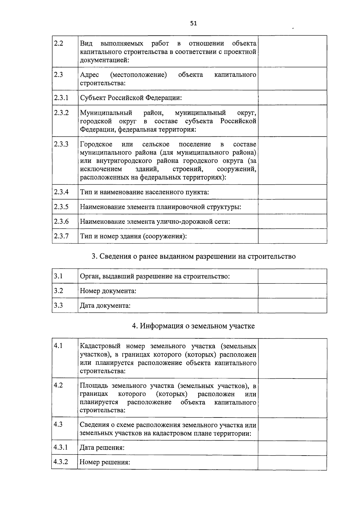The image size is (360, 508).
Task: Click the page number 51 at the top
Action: click(193, 23)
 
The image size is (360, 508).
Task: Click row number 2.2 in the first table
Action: click(58, 43)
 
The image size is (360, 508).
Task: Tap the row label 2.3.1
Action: click(61, 98)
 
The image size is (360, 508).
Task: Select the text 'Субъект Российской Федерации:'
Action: click(131, 98)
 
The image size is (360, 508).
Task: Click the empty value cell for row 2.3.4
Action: click(292, 192)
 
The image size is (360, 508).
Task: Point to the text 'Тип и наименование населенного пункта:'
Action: click(144, 192)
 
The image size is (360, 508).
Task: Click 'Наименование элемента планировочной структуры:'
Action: click(160, 207)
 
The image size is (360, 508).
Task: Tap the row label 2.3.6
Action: click(61, 221)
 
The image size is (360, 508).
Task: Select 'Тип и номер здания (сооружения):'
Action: click(133, 236)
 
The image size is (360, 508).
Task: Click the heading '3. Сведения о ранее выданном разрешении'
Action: click(193, 257)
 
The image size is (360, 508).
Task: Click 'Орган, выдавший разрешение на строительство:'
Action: click(155, 276)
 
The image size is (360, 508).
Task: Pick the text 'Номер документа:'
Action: click(108, 291)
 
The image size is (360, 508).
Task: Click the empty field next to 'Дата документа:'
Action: click(292, 306)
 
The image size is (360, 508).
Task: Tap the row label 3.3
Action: click(58, 305)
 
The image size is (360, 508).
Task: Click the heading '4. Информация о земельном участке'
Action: click(193, 326)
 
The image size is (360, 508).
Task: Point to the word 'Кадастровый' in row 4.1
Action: click(100, 346)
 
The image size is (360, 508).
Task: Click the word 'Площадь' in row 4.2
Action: click(93, 386)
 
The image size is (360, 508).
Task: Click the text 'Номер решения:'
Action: click(105, 462)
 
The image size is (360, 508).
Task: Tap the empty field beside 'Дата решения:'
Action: click(292, 448)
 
